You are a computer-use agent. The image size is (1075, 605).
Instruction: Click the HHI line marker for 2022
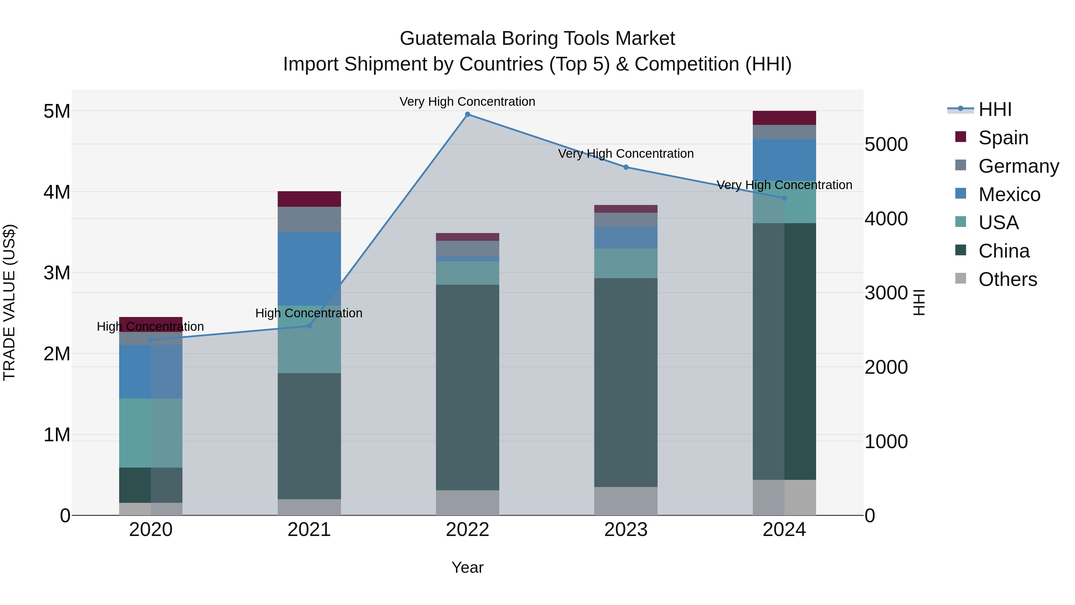pyautogui.click(x=467, y=114)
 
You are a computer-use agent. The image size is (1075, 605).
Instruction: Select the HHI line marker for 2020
pyautogui.click(x=151, y=340)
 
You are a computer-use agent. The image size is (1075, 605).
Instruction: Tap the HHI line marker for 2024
pyautogui.click(x=784, y=198)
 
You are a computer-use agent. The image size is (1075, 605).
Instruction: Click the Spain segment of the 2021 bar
pyautogui.click(x=309, y=199)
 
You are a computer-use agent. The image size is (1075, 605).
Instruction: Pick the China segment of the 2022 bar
pyautogui.click(x=467, y=387)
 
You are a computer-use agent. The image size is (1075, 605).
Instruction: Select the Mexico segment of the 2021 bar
pyautogui.click(x=309, y=269)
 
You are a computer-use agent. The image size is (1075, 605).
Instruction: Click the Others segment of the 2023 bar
pyautogui.click(x=626, y=501)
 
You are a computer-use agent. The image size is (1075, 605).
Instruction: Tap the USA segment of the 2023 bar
pyautogui.click(x=626, y=264)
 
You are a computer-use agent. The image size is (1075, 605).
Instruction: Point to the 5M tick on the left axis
pyautogui.click(x=57, y=111)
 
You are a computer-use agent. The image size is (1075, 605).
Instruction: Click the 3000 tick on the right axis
pyautogui.click(x=886, y=293)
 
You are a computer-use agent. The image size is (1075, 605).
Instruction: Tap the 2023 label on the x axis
pyautogui.click(x=626, y=530)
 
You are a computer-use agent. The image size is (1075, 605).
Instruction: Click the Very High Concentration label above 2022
pyautogui.click(x=467, y=102)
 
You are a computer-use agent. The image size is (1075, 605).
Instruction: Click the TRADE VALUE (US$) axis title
pyautogui.click(x=10, y=302)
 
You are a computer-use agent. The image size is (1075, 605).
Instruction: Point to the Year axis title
pyautogui.click(x=467, y=567)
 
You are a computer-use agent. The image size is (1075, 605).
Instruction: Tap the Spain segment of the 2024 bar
pyautogui.click(x=784, y=118)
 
